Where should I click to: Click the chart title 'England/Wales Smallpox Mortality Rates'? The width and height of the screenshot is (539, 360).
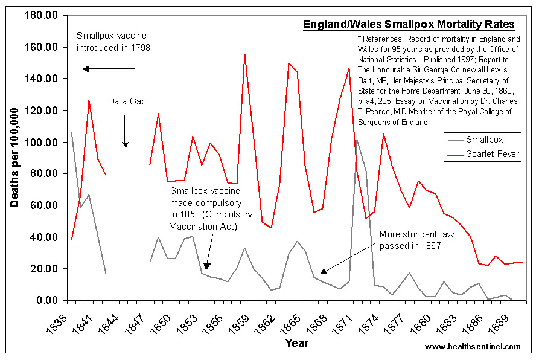[x=409, y=25]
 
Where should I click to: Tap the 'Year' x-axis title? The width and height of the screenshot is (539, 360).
[x=296, y=343]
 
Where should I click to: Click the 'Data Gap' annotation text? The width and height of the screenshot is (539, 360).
[x=127, y=101]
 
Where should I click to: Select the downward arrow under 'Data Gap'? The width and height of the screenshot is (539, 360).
[x=126, y=130]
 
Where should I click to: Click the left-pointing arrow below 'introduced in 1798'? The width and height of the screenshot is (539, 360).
[x=109, y=68]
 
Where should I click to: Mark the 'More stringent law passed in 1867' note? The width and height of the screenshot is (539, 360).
[x=411, y=240]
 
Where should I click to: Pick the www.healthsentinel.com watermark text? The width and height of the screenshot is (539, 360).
[x=473, y=347]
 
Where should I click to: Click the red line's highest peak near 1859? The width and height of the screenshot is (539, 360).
[x=244, y=54]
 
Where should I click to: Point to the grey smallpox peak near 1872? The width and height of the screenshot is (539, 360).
[x=357, y=140]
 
